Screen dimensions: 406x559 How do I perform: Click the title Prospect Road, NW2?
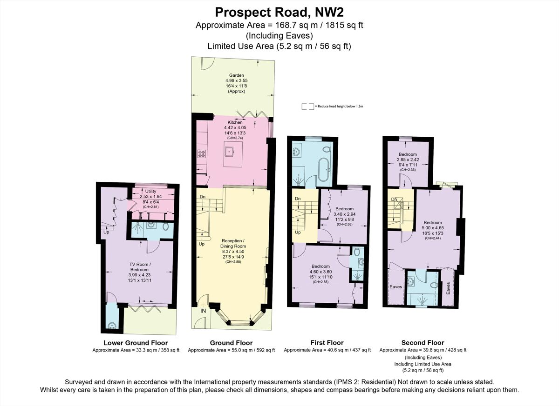279,11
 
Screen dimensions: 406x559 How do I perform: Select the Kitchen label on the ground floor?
235,122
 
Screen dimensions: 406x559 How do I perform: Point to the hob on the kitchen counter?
202,152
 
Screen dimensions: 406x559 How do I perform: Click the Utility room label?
150,191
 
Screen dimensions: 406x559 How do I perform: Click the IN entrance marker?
203,311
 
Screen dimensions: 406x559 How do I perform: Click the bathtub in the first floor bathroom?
323,170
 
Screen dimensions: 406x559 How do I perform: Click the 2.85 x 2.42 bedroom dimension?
408,160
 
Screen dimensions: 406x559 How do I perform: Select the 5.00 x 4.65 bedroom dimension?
432,228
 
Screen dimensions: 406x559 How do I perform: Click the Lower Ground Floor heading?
136,343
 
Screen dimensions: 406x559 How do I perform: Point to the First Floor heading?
327,343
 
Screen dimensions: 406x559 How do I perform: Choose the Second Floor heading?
423,343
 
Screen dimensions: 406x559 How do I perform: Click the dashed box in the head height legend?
307,106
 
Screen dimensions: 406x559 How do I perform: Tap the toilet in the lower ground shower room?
166,226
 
